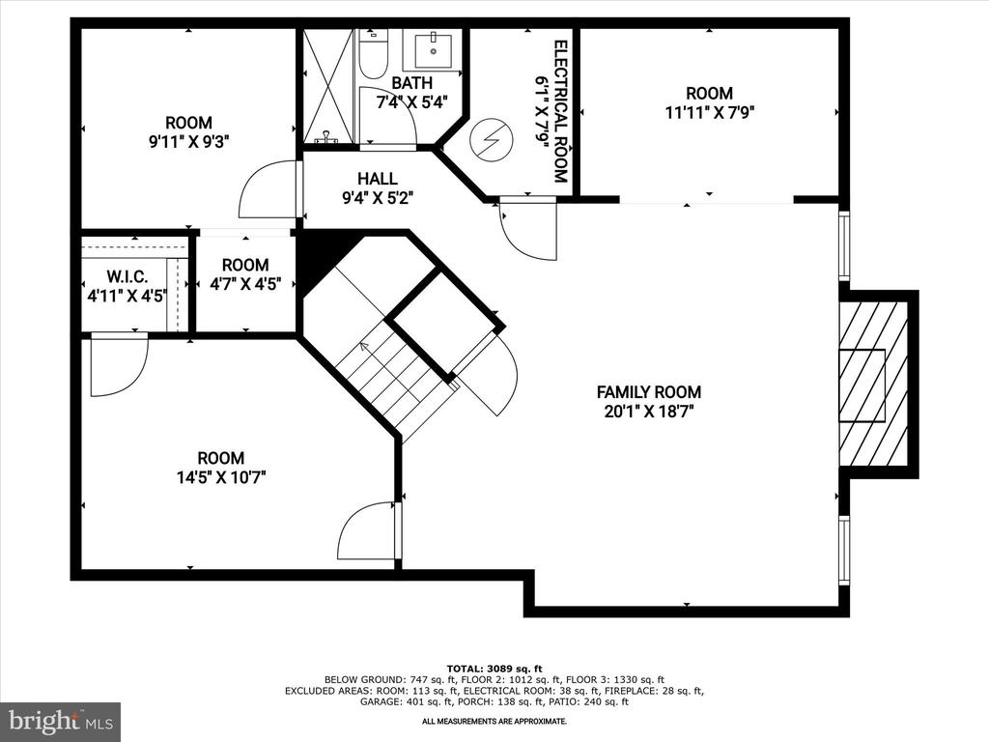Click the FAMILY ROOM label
click(x=648, y=392)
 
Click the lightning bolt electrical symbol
click(x=491, y=138)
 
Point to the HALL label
click(x=378, y=179)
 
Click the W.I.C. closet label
click(x=127, y=276)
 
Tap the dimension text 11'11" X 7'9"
click(x=710, y=113)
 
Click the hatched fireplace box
click(x=873, y=385)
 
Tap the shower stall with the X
click(x=328, y=85)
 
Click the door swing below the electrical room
click(x=528, y=228)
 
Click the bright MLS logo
click(x=60, y=721)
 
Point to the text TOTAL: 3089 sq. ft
click(x=494, y=669)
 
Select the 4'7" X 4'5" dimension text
click(x=245, y=285)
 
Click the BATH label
click(x=411, y=83)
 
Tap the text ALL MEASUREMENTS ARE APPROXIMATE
click(x=494, y=721)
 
